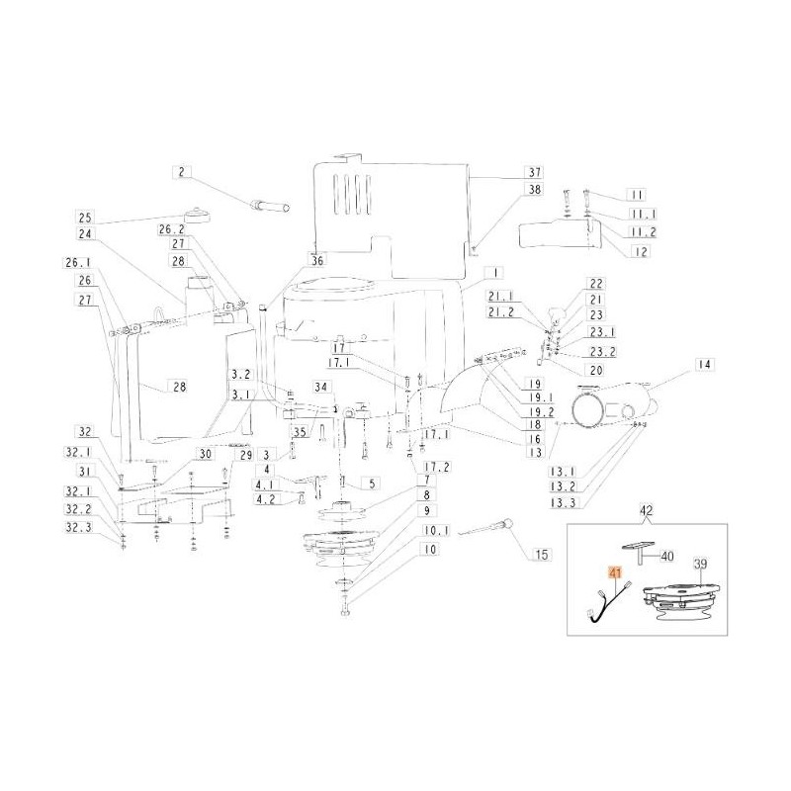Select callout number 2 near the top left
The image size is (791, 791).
click(181, 172)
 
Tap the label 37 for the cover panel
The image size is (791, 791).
click(533, 171)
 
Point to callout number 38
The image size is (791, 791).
click(533, 189)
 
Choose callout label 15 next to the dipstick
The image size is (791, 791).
click(541, 556)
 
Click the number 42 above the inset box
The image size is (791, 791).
click(646, 511)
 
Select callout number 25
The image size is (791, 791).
click(85, 218)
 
